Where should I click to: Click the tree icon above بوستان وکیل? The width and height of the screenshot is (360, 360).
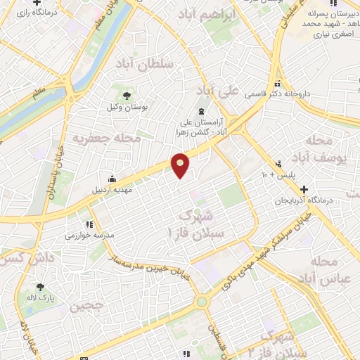point(127,95)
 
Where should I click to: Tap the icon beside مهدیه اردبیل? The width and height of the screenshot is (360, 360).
point(112,177)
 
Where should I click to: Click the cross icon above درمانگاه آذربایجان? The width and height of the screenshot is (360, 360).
point(304,189)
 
